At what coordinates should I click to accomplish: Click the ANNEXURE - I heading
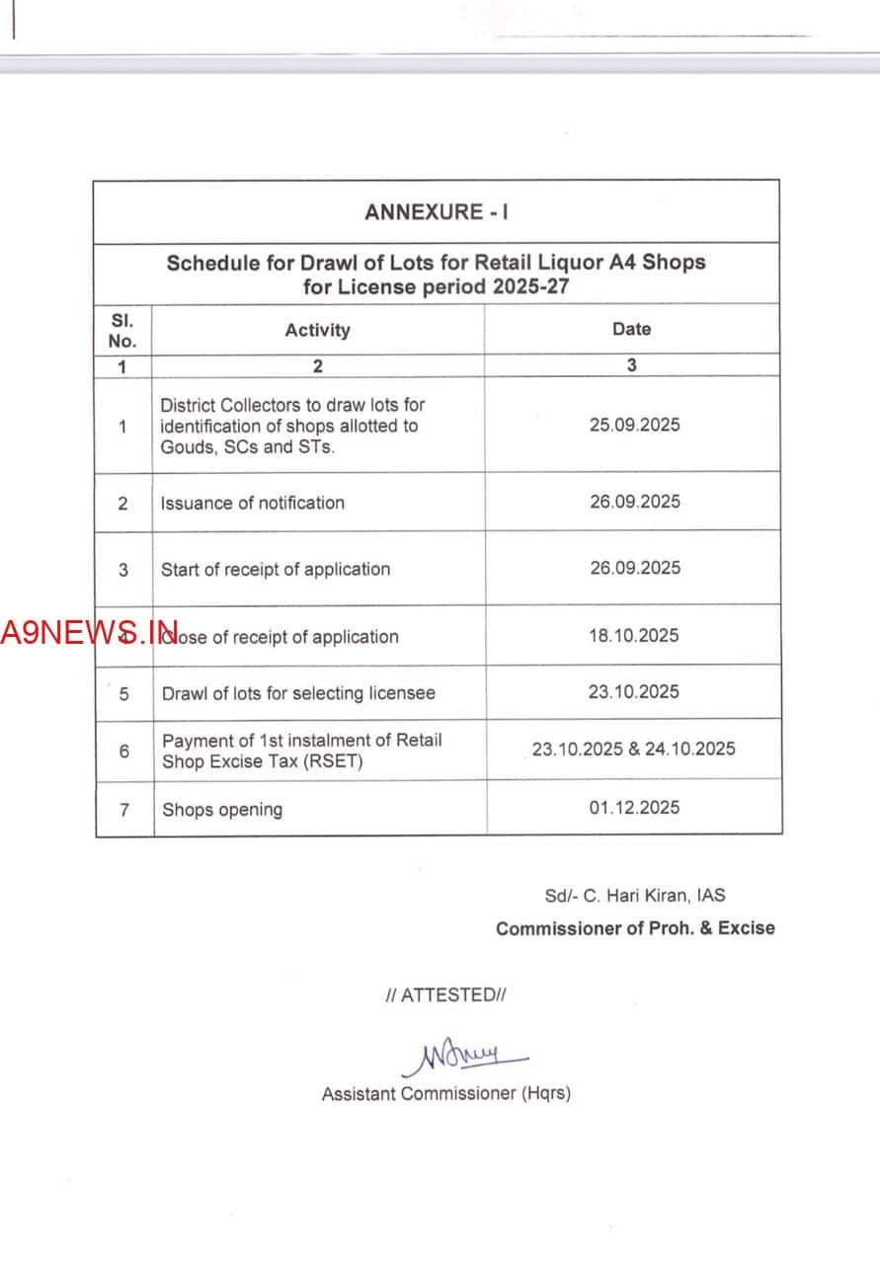point(437,212)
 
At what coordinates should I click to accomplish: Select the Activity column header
point(317,330)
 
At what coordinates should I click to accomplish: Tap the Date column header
point(631,329)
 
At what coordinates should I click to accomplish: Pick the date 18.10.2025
point(634,635)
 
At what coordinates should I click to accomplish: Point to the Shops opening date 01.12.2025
point(634,807)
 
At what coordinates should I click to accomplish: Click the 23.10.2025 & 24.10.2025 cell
point(633,749)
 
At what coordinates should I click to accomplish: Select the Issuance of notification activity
point(253,503)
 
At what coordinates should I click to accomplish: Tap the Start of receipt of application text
point(276,569)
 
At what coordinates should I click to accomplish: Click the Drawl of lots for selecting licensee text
point(298,693)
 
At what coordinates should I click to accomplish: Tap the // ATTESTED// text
point(445,994)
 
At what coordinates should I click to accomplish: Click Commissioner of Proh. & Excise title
point(635,928)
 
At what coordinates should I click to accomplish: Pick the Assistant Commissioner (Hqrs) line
point(445,1093)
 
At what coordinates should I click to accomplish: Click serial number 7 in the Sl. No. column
point(123,809)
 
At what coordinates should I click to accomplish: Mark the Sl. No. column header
point(121,331)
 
